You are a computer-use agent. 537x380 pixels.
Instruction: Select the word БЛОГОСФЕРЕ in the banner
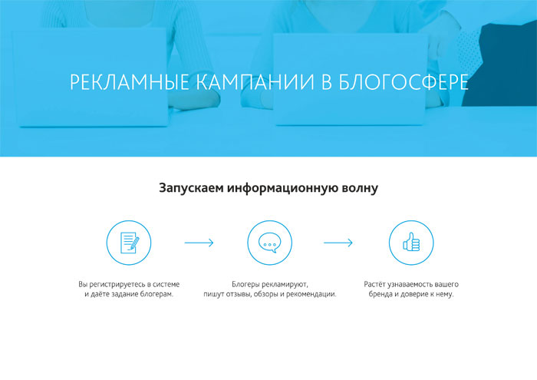pos(404,82)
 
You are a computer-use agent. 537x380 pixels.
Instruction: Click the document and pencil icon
pos(130,243)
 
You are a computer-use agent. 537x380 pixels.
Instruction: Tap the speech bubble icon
pos(269,243)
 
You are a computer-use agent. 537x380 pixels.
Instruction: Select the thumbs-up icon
pos(411,242)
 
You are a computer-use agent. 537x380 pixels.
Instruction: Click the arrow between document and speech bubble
pos(199,243)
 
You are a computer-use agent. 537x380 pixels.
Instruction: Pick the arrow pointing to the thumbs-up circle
pos(338,243)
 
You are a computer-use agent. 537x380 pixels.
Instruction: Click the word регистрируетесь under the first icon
pos(120,284)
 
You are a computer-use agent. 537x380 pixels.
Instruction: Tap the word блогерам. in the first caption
pos(156,294)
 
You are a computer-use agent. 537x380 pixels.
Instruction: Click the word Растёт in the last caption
pos(374,284)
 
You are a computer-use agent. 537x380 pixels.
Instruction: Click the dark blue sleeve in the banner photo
pos(503,65)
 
